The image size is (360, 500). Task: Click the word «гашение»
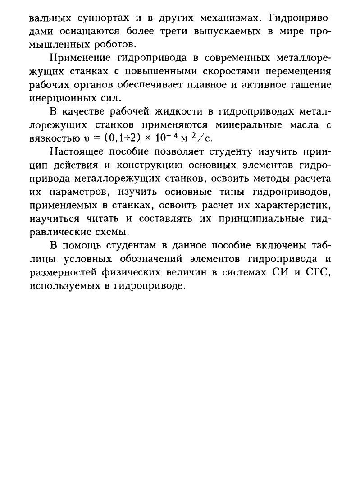310,84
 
